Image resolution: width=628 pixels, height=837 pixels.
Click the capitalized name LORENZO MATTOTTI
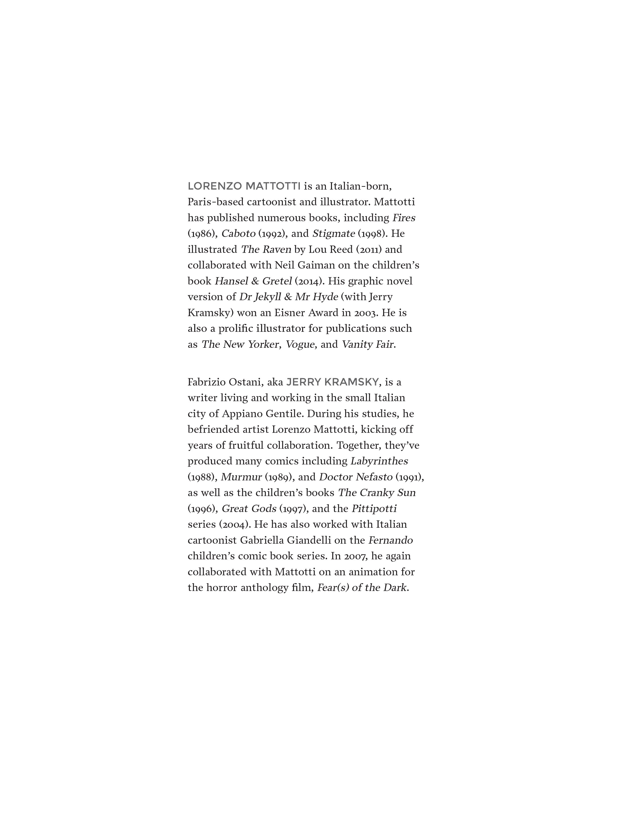pyautogui.click(x=244, y=186)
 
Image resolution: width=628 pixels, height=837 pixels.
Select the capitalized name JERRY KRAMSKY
pyautogui.click(x=332, y=382)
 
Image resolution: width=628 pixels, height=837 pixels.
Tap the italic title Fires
pyautogui.click(x=404, y=218)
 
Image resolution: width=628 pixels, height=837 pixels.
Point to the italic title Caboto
pyautogui.click(x=238, y=234)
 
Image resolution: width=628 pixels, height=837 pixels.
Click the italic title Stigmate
pyautogui.click(x=333, y=234)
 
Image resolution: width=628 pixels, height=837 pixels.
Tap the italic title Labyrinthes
pyautogui.click(x=379, y=461)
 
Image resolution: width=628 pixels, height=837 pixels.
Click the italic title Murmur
pyautogui.click(x=241, y=477)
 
